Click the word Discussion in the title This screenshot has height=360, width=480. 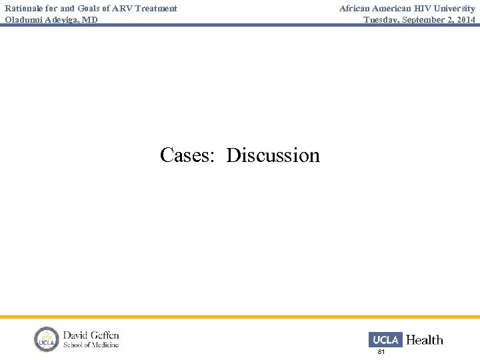coord(273,155)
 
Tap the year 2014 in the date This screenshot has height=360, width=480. coord(466,20)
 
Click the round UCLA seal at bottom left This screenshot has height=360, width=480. coord(47,339)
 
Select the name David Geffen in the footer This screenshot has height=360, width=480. coord(91,335)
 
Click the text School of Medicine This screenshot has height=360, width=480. coord(91,345)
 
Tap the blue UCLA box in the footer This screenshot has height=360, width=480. coord(385,339)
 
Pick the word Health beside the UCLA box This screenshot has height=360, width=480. coord(424,340)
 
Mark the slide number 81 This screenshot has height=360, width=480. coord(381,351)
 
